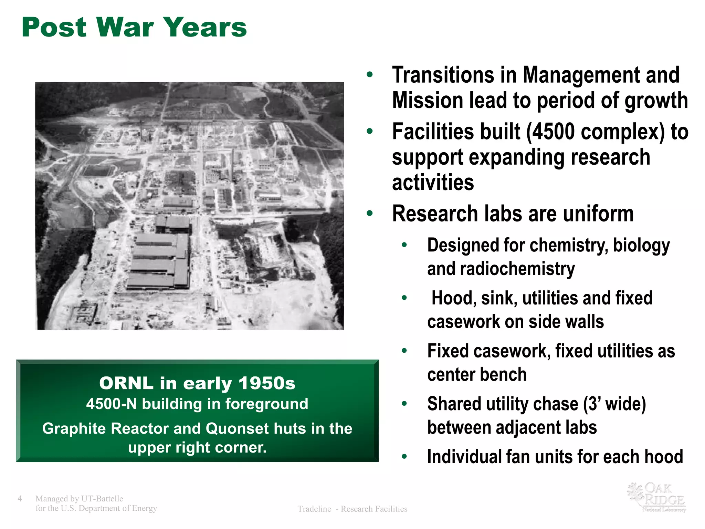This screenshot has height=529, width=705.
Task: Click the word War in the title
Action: pyautogui.click(x=125, y=28)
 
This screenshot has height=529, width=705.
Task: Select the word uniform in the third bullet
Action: pyautogui.click(x=599, y=214)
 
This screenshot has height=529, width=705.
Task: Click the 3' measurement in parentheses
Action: pyautogui.click(x=593, y=404)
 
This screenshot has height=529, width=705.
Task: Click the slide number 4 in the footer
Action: pyautogui.click(x=20, y=499)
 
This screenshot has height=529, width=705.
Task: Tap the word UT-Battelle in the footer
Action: pyautogui.click(x=102, y=499)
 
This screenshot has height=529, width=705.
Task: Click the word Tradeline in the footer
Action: pyautogui.click(x=314, y=509)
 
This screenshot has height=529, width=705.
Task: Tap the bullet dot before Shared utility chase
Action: pyautogui.click(x=404, y=403)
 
